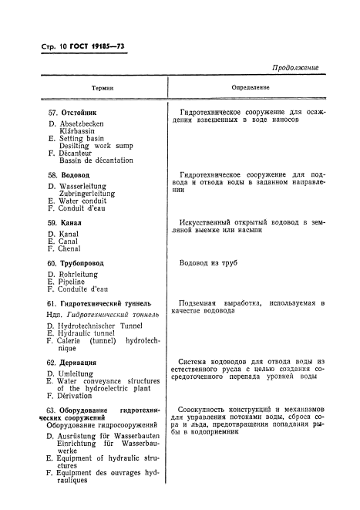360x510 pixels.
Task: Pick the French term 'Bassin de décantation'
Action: pos(96,160)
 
